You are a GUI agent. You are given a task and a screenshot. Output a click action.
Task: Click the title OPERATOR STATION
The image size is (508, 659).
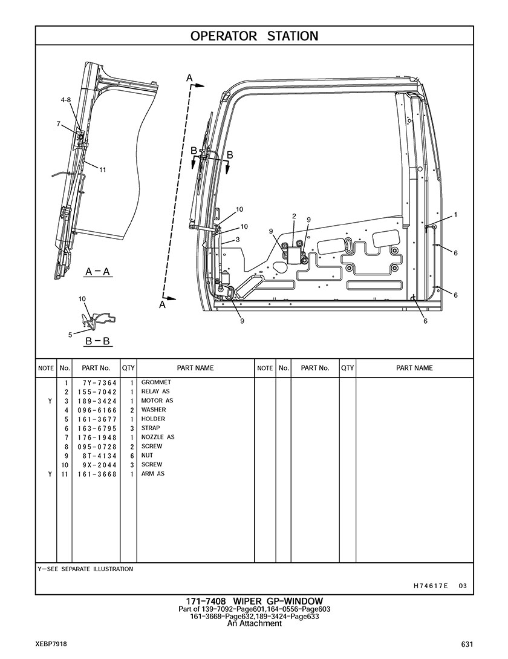[x=254, y=36]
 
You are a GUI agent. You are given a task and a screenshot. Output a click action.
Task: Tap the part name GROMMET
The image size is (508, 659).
[x=156, y=382]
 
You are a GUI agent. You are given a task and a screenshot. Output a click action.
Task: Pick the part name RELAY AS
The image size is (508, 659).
[x=155, y=392]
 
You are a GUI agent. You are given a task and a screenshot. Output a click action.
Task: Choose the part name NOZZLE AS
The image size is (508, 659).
[x=158, y=437]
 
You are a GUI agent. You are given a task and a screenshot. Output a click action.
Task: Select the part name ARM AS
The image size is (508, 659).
[x=152, y=474]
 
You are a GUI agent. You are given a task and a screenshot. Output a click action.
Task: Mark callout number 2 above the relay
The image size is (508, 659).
[x=293, y=216]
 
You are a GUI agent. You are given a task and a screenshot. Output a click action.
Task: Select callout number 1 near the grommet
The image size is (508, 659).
[x=455, y=214]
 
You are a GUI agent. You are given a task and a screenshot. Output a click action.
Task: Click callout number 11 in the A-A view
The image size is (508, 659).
[x=103, y=170]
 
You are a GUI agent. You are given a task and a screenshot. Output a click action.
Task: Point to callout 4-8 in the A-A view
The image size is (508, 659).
[x=65, y=100]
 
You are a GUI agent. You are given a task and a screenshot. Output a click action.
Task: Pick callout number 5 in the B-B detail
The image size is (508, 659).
[x=70, y=334]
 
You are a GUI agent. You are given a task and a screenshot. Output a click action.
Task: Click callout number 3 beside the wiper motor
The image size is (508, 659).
[x=238, y=240]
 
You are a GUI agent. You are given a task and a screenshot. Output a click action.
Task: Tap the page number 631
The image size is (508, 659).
[x=466, y=644]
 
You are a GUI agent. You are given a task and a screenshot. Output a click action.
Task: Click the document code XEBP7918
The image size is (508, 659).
[x=51, y=644]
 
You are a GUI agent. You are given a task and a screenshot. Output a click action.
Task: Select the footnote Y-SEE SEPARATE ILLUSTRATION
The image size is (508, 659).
[x=85, y=569]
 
